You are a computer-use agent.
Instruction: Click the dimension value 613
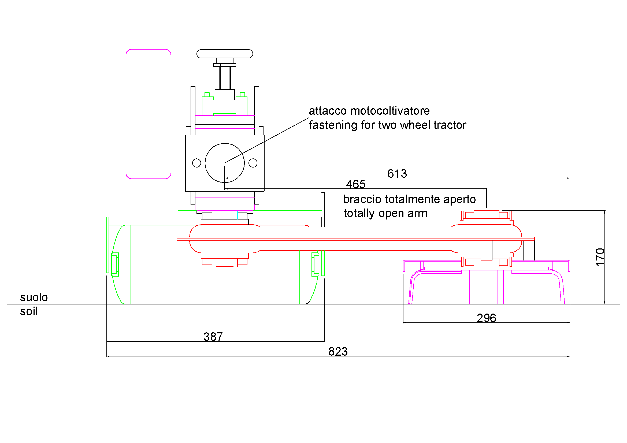(x=397, y=174)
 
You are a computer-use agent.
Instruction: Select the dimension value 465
(x=355, y=184)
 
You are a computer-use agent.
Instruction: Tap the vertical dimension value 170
(x=600, y=257)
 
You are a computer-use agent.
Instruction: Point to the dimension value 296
(x=486, y=318)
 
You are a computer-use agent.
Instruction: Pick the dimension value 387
(x=213, y=337)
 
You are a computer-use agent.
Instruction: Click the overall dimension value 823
(x=338, y=352)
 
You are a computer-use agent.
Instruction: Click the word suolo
(x=34, y=297)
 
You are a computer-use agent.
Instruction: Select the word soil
(x=29, y=311)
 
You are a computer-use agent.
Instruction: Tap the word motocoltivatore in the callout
(x=390, y=111)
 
